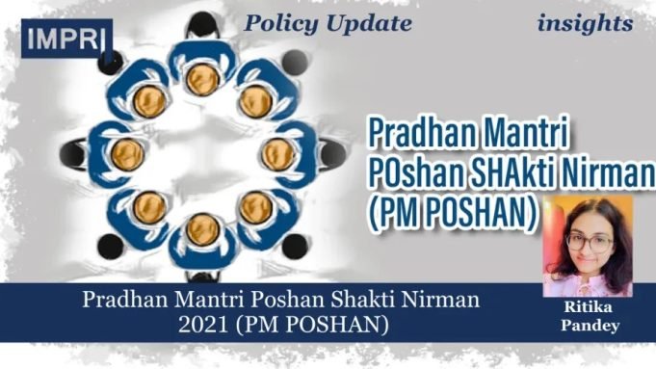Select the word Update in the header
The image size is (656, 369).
[x=367, y=24]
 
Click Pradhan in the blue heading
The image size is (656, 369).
[x=419, y=132]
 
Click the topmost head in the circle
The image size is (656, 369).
[x=201, y=78]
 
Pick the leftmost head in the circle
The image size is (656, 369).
[x=129, y=152]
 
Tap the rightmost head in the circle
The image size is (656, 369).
[x=277, y=152]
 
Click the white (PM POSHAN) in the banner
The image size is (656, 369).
[x=332, y=325]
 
